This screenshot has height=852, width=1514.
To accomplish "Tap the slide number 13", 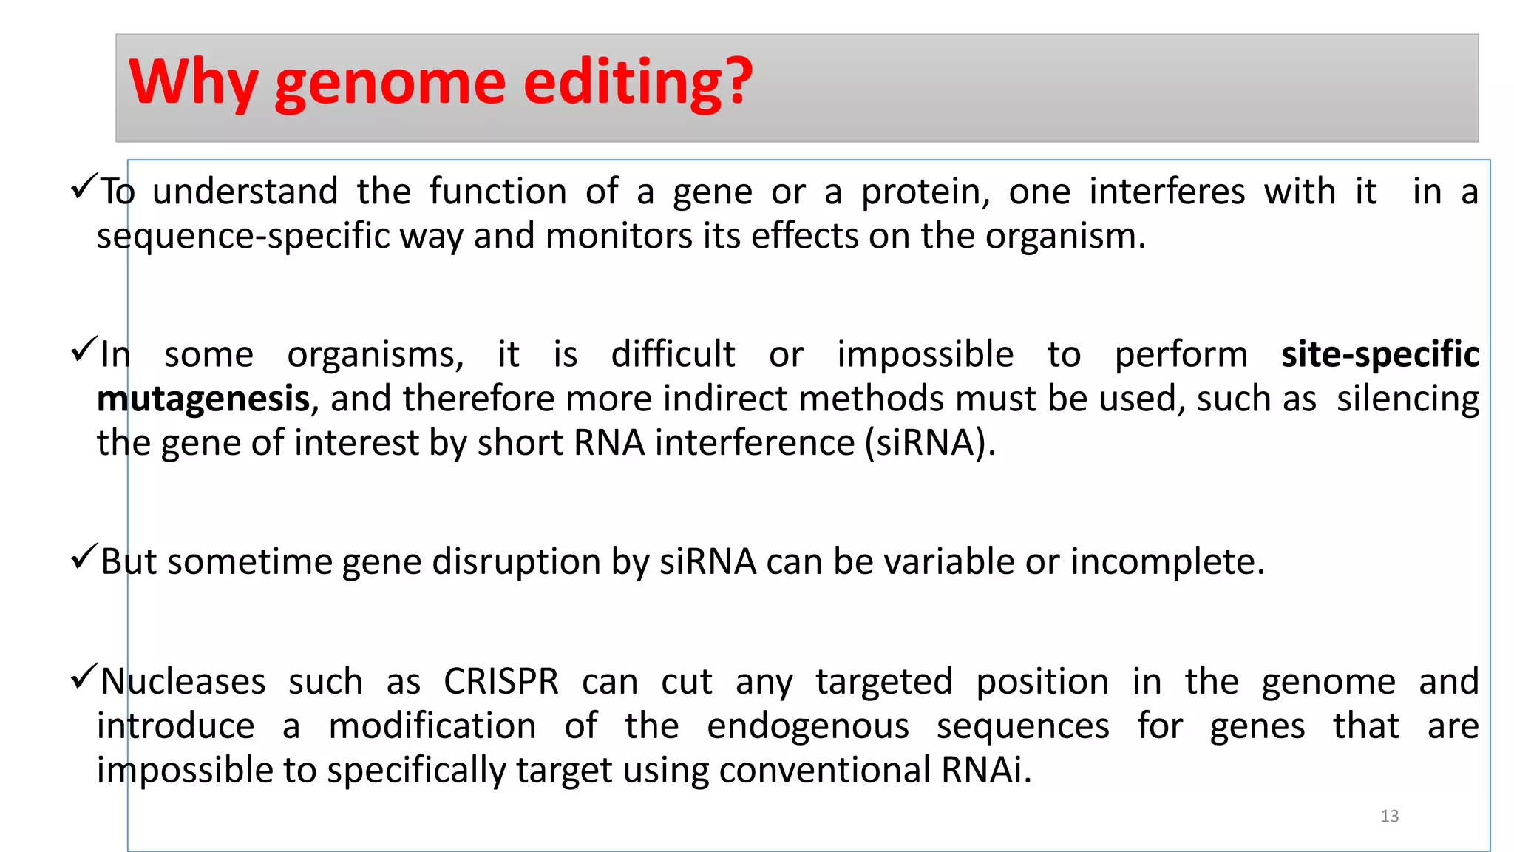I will tap(1389, 816).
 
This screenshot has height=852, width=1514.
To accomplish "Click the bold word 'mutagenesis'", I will tap(203, 399).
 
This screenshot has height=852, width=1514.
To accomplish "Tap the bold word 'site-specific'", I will tap(1379, 354).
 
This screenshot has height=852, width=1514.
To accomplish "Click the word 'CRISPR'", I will tap(500, 681).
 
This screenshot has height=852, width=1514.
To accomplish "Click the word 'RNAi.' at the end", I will tap(985, 771).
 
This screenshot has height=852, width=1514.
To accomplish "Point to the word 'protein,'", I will tap(925, 192).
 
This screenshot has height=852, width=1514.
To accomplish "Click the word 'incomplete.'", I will tap(1167, 562).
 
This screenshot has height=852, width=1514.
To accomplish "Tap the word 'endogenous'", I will tap(807, 726).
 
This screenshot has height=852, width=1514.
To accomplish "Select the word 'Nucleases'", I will tap(183, 681).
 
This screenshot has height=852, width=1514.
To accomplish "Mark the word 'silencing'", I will tap(1408, 399).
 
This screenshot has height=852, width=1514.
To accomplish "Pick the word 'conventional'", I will tap(824, 771).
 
